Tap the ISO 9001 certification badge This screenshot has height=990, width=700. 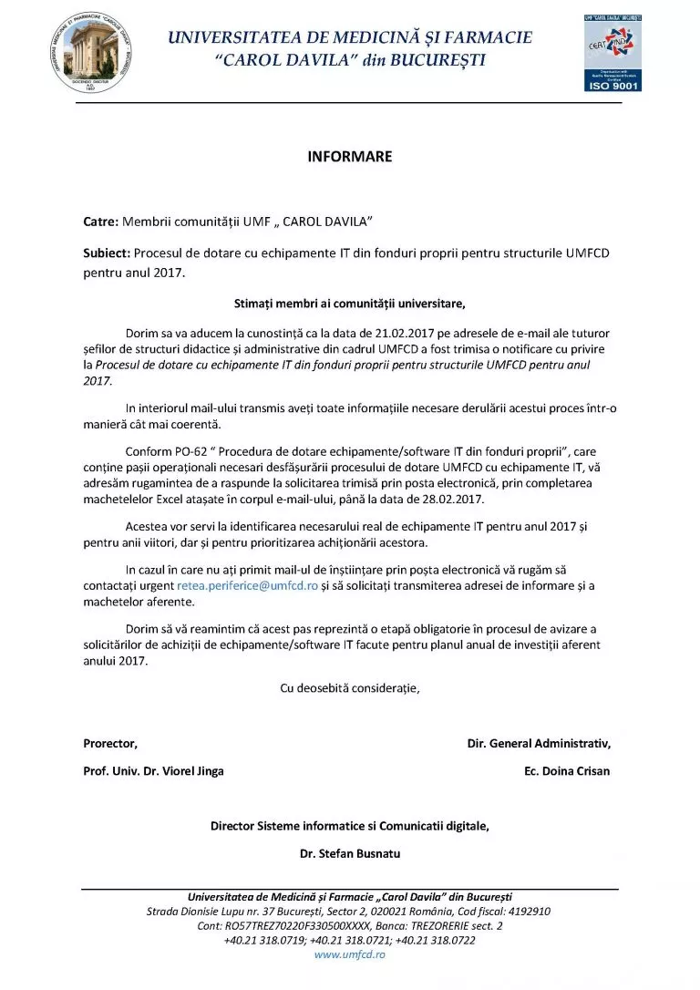pos(612,53)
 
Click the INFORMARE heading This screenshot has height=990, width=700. pos(350,157)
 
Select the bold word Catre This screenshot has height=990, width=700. pos(100,222)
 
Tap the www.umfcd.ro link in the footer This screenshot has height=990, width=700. pos(350,954)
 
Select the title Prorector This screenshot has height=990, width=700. pos(110,743)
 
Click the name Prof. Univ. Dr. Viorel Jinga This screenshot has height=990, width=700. pos(153,771)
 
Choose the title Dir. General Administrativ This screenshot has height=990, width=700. pos(539,743)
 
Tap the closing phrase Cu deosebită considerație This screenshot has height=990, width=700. pos(350,688)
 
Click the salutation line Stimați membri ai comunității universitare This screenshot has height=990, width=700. pos(350,303)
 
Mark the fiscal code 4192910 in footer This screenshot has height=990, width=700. pos(529,911)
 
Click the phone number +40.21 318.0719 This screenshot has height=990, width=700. pos(264,940)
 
